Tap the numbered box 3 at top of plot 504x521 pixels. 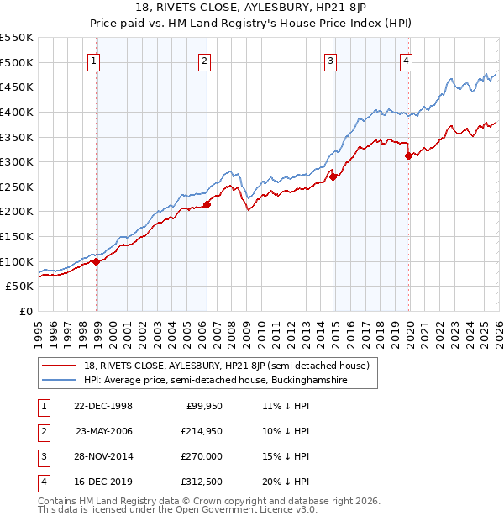[x=331, y=61]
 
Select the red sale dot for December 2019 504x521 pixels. [x=408, y=155]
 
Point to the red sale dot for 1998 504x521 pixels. [x=97, y=261]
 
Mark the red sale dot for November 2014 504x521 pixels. [x=333, y=176]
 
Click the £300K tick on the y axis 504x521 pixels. [x=17, y=161]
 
